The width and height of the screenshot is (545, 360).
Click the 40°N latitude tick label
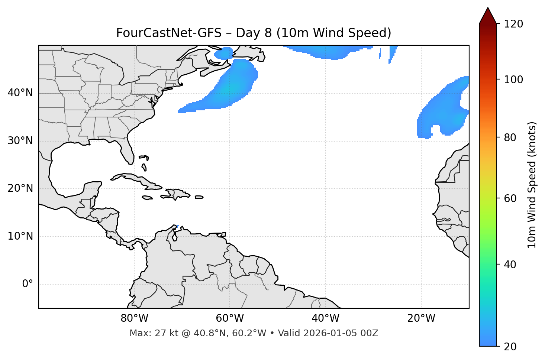pyautogui.click(x=20, y=93)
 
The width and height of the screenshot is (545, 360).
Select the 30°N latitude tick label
pyautogui.click(x=20, y=141)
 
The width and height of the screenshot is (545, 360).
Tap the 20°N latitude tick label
pyautogui.click(x=20, y=188)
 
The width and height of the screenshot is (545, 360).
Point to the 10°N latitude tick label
pyautogui.click(x=20, y=236)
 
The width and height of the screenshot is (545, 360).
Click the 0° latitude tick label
pyautogui.click(x=28, y=284)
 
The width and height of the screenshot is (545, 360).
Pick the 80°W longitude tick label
pyautogui.click(x=134, y=318)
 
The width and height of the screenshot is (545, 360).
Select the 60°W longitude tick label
pyautogui.click(x=230, y=318)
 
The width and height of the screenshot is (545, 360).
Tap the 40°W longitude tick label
pyautogui.click(x=325, y=318)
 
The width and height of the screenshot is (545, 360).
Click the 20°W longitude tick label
pyautogui.click(x=421, y=318)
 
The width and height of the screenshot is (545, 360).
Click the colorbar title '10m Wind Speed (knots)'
pyautogui.click(x=532, y=185)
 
